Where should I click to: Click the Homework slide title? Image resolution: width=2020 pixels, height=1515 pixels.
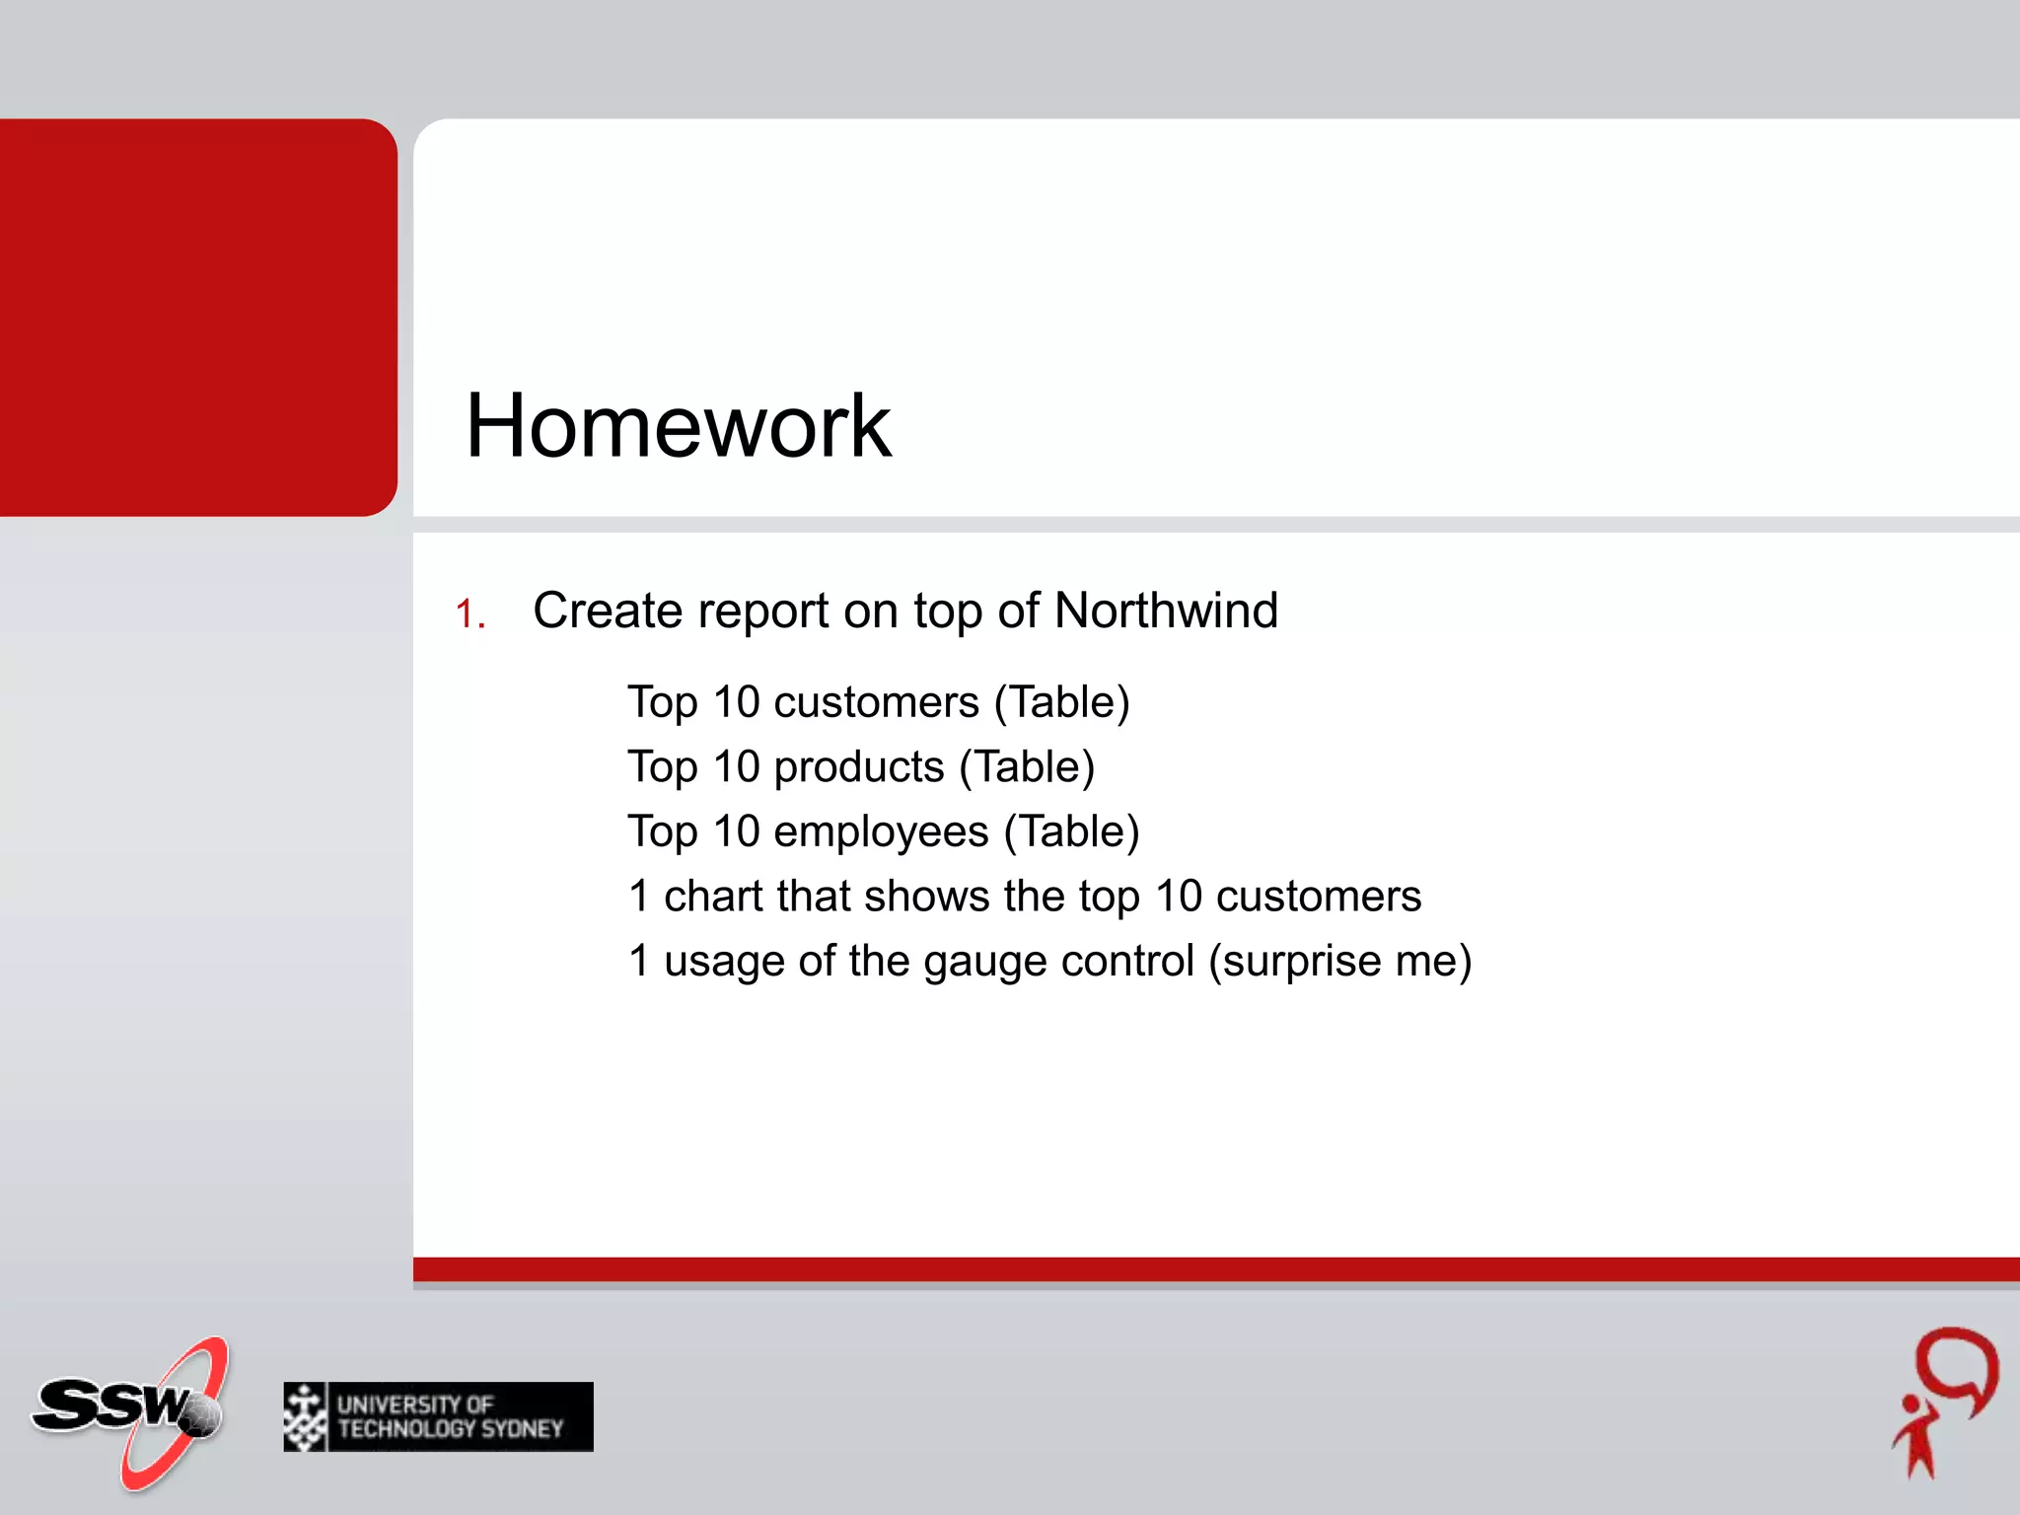coord(678,426)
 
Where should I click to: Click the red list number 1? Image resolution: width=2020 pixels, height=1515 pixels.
coord(469,614)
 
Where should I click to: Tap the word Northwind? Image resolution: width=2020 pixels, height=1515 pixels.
coord(1166,611)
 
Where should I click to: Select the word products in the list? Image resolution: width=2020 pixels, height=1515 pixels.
coord(859,767)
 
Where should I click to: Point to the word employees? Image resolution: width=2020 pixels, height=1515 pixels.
coord(881,832)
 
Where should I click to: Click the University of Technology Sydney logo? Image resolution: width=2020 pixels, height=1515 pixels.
coord(438,1416)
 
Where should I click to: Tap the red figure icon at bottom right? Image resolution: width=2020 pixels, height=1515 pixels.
coord(1944,1402)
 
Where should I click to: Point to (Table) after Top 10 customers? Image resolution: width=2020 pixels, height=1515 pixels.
coord(1061,703)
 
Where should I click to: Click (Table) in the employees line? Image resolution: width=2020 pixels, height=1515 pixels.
coord(1071,832)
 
